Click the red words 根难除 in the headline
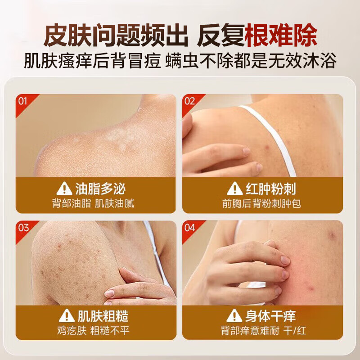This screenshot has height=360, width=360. pos(281,34)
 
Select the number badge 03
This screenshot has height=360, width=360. pos(22,227)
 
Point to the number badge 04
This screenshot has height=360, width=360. pos(189,227)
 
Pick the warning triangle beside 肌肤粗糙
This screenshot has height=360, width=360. pos(67,315)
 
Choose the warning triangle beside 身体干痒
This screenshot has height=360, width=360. pos(234,315)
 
